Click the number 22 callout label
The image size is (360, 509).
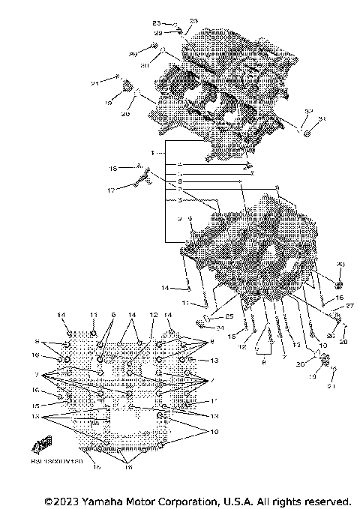coord(158,32)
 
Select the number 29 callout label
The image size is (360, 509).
coord(133,55)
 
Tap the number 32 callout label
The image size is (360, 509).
coord(307,111)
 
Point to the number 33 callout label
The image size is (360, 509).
coord(322,120)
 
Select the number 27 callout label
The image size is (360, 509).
coord(349,306)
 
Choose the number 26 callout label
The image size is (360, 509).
coord(331,336)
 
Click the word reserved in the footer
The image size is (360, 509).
coord(325,501)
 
